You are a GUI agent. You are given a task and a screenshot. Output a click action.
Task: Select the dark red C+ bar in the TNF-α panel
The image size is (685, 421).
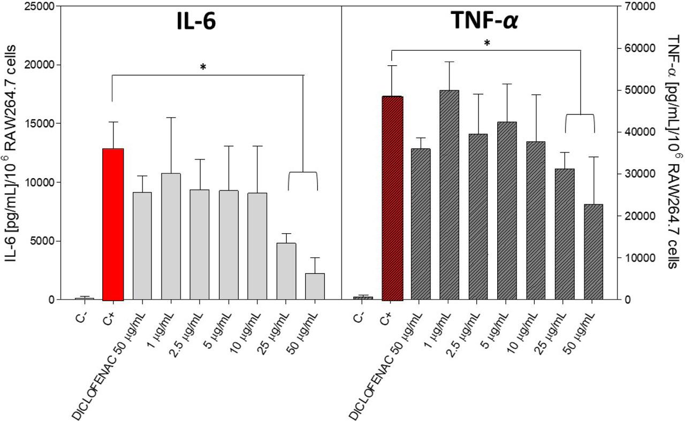pyautogui.click(x=392, y=198)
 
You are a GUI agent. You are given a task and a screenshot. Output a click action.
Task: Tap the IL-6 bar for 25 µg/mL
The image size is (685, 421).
pyautogui.click(x=286, y=271)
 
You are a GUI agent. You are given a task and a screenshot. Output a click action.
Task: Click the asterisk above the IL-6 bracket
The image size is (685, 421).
pyautogui.click(x=203, y=67)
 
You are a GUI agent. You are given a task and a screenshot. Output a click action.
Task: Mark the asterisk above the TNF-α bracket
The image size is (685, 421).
pyautogui.click(x=486, y=43)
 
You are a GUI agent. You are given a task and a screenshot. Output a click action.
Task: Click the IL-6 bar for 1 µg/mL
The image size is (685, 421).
pyautogui.click(x=171, y=236)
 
